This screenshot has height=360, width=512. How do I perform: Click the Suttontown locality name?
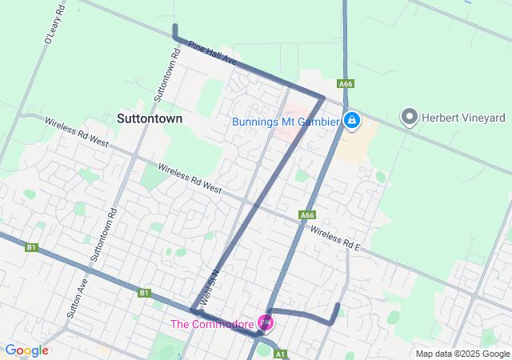click(150, 118)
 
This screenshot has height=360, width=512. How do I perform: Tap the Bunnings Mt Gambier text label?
click(286, 122)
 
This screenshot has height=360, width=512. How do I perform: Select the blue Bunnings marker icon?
click(351, 122)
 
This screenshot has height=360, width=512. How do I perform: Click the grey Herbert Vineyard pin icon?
click(410, 118)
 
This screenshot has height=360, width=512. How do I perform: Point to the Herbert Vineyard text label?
click(464, 118)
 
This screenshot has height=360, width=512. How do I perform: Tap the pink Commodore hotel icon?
click(266, 323)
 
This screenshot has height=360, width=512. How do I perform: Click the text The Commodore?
click(211, 324)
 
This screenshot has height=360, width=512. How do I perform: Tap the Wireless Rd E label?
click(336, 238)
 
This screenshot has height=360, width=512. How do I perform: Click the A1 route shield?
click(280, 354)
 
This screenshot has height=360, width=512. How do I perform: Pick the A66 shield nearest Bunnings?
click(346, 84)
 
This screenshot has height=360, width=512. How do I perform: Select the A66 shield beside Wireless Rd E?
click(308, 215)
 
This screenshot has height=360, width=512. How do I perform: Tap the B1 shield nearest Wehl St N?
click(144, 293)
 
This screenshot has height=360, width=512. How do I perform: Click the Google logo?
click(26, 350)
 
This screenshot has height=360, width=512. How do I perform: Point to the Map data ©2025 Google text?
click(462, 354)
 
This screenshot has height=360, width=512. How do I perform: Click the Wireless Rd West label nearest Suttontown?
click(77, 133)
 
